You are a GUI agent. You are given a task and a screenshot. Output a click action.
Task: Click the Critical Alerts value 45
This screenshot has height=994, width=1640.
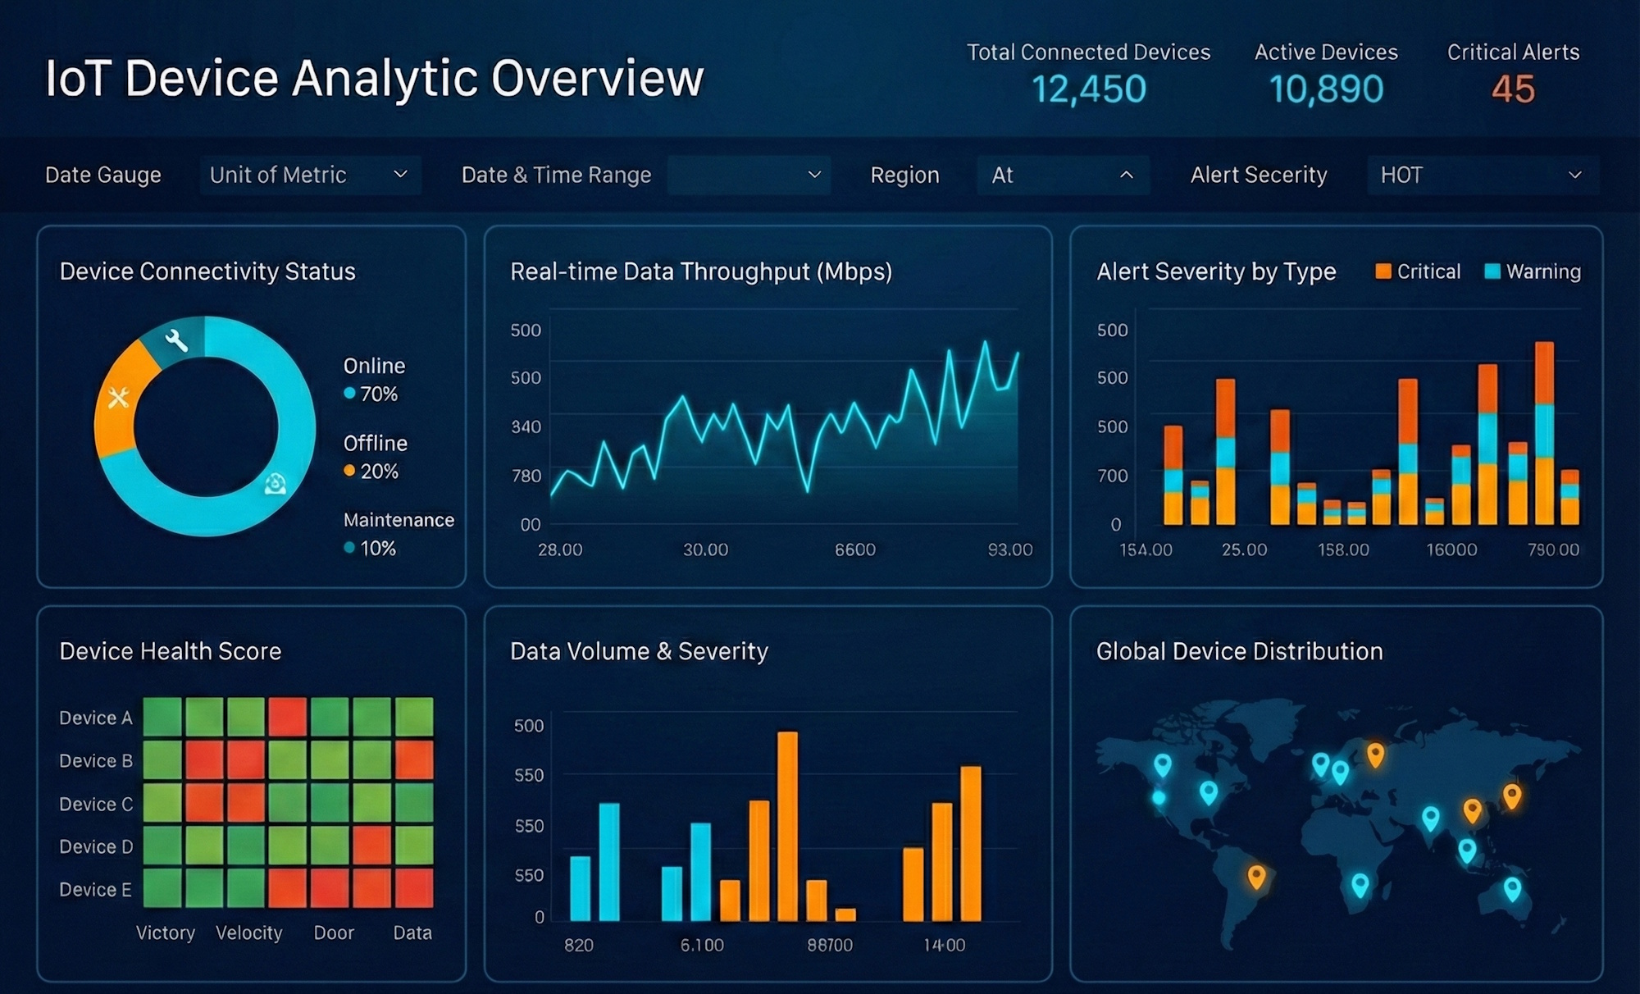point(1513,89)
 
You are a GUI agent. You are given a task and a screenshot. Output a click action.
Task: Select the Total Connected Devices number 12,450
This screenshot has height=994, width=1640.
point(1088,89)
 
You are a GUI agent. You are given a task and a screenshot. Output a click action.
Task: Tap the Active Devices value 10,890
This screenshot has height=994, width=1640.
point(1326,89)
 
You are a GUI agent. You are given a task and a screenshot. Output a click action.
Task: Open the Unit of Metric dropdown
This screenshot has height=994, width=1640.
point(310,175)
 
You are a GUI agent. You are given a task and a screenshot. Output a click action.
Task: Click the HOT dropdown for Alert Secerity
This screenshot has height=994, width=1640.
point(1482,175)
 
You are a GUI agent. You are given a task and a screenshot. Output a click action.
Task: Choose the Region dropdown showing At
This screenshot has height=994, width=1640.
point(1063,175)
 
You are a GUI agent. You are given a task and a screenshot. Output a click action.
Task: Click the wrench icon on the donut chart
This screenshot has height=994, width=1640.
point(175,340)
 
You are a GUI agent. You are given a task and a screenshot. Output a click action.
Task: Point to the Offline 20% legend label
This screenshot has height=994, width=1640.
point(375,458)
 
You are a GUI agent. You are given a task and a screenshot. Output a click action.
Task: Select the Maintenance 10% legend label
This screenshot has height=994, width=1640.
point(398,534)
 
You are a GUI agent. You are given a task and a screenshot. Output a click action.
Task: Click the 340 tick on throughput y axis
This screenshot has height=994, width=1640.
point(526,426)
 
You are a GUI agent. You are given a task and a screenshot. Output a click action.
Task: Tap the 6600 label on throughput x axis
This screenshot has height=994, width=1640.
point(854,549)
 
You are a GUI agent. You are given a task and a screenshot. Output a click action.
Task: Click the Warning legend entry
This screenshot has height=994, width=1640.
point(1533,271)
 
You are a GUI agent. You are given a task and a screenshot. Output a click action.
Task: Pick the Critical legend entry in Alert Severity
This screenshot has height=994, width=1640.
point(1418,271)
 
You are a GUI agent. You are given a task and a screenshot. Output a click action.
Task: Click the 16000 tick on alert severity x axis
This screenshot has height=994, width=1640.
point(1451,549)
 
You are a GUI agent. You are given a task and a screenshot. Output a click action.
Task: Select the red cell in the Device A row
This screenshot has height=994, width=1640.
point(288,717)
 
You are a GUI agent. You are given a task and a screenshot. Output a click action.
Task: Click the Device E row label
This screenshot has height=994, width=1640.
point(95,889)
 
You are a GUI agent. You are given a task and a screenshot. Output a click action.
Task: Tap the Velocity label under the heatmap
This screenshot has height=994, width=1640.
point(248,932)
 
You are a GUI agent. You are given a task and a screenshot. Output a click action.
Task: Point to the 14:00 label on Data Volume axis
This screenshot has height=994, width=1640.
point(944,945)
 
